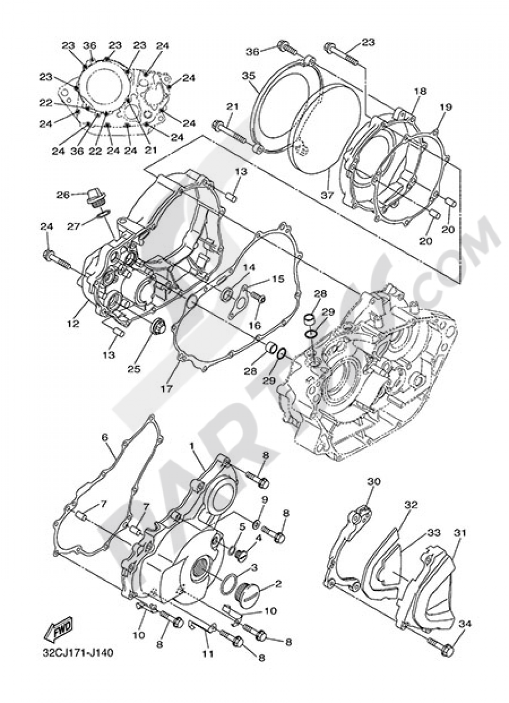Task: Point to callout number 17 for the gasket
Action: tap(166, 388)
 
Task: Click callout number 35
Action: tap(248, 76)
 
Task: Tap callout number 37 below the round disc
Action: tap(326, 197)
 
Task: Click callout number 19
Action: tap(445, 107)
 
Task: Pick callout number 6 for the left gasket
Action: tap(105, 437)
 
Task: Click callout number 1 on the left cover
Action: tap(192, 445)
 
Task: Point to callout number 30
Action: tap(374, 481)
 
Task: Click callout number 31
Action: tap(460, 533)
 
